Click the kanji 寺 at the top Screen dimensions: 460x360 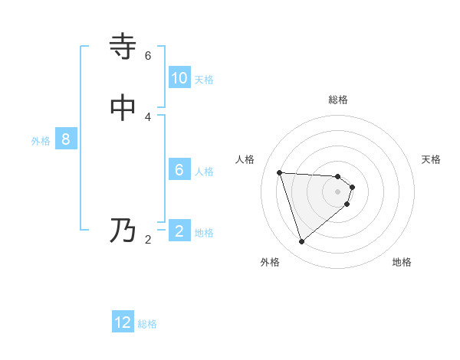(x=123, y=47)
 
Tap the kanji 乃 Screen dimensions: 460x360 (x=123, y=231)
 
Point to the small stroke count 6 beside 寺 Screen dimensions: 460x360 (x=148, y=56)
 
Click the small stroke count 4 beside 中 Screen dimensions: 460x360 (x=148, y=116)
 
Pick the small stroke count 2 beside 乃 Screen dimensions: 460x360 (x=148, y=240)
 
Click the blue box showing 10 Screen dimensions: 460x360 (x=179, y=78)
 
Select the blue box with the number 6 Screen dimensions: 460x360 (x=179, y=170)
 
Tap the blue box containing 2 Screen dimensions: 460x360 (x=179, y=231)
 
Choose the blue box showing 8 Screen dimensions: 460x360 (x=66, y=140)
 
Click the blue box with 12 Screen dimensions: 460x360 (x=123, y=322)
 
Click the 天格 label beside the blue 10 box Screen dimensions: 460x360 (x=204, y=80)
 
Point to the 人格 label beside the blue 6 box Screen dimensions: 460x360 (x=204, y=172)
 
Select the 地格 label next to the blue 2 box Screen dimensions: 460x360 (x=204, y=233)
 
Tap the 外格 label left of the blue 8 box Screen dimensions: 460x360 (x=41, y=141)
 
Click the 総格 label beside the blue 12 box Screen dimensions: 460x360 (x=147, y=324)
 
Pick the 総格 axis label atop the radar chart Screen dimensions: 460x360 (x=338, y=100)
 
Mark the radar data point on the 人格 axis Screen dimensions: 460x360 (x=280, y=172)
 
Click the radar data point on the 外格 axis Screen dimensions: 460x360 (x=301, y=242)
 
